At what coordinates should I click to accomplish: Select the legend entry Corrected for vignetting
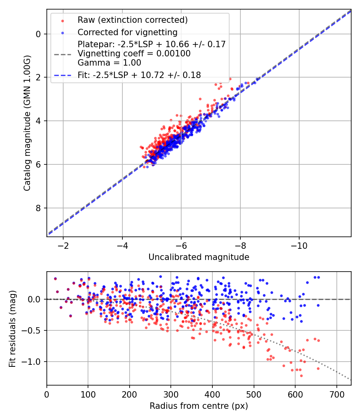click(x=127, y=32)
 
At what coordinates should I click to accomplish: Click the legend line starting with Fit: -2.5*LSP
click(x=139, y=75)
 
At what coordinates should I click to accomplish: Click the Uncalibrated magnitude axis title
click(x=199, y=257)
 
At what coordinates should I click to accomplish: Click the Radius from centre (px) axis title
click(x=199, y=406)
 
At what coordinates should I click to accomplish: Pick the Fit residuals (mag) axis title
click(x=12, y=329)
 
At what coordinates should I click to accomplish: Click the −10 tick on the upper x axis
click(x=299, y=245)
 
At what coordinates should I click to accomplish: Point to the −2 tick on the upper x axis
click(x=63, y=245)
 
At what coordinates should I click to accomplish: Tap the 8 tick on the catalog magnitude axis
click(x=38, y=208)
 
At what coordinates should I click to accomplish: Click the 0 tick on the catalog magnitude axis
click(x=38, y=34)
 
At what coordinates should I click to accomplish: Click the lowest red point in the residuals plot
click(x=301, y=376)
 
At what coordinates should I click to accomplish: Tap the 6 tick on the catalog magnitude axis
click(x=38, y=164)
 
